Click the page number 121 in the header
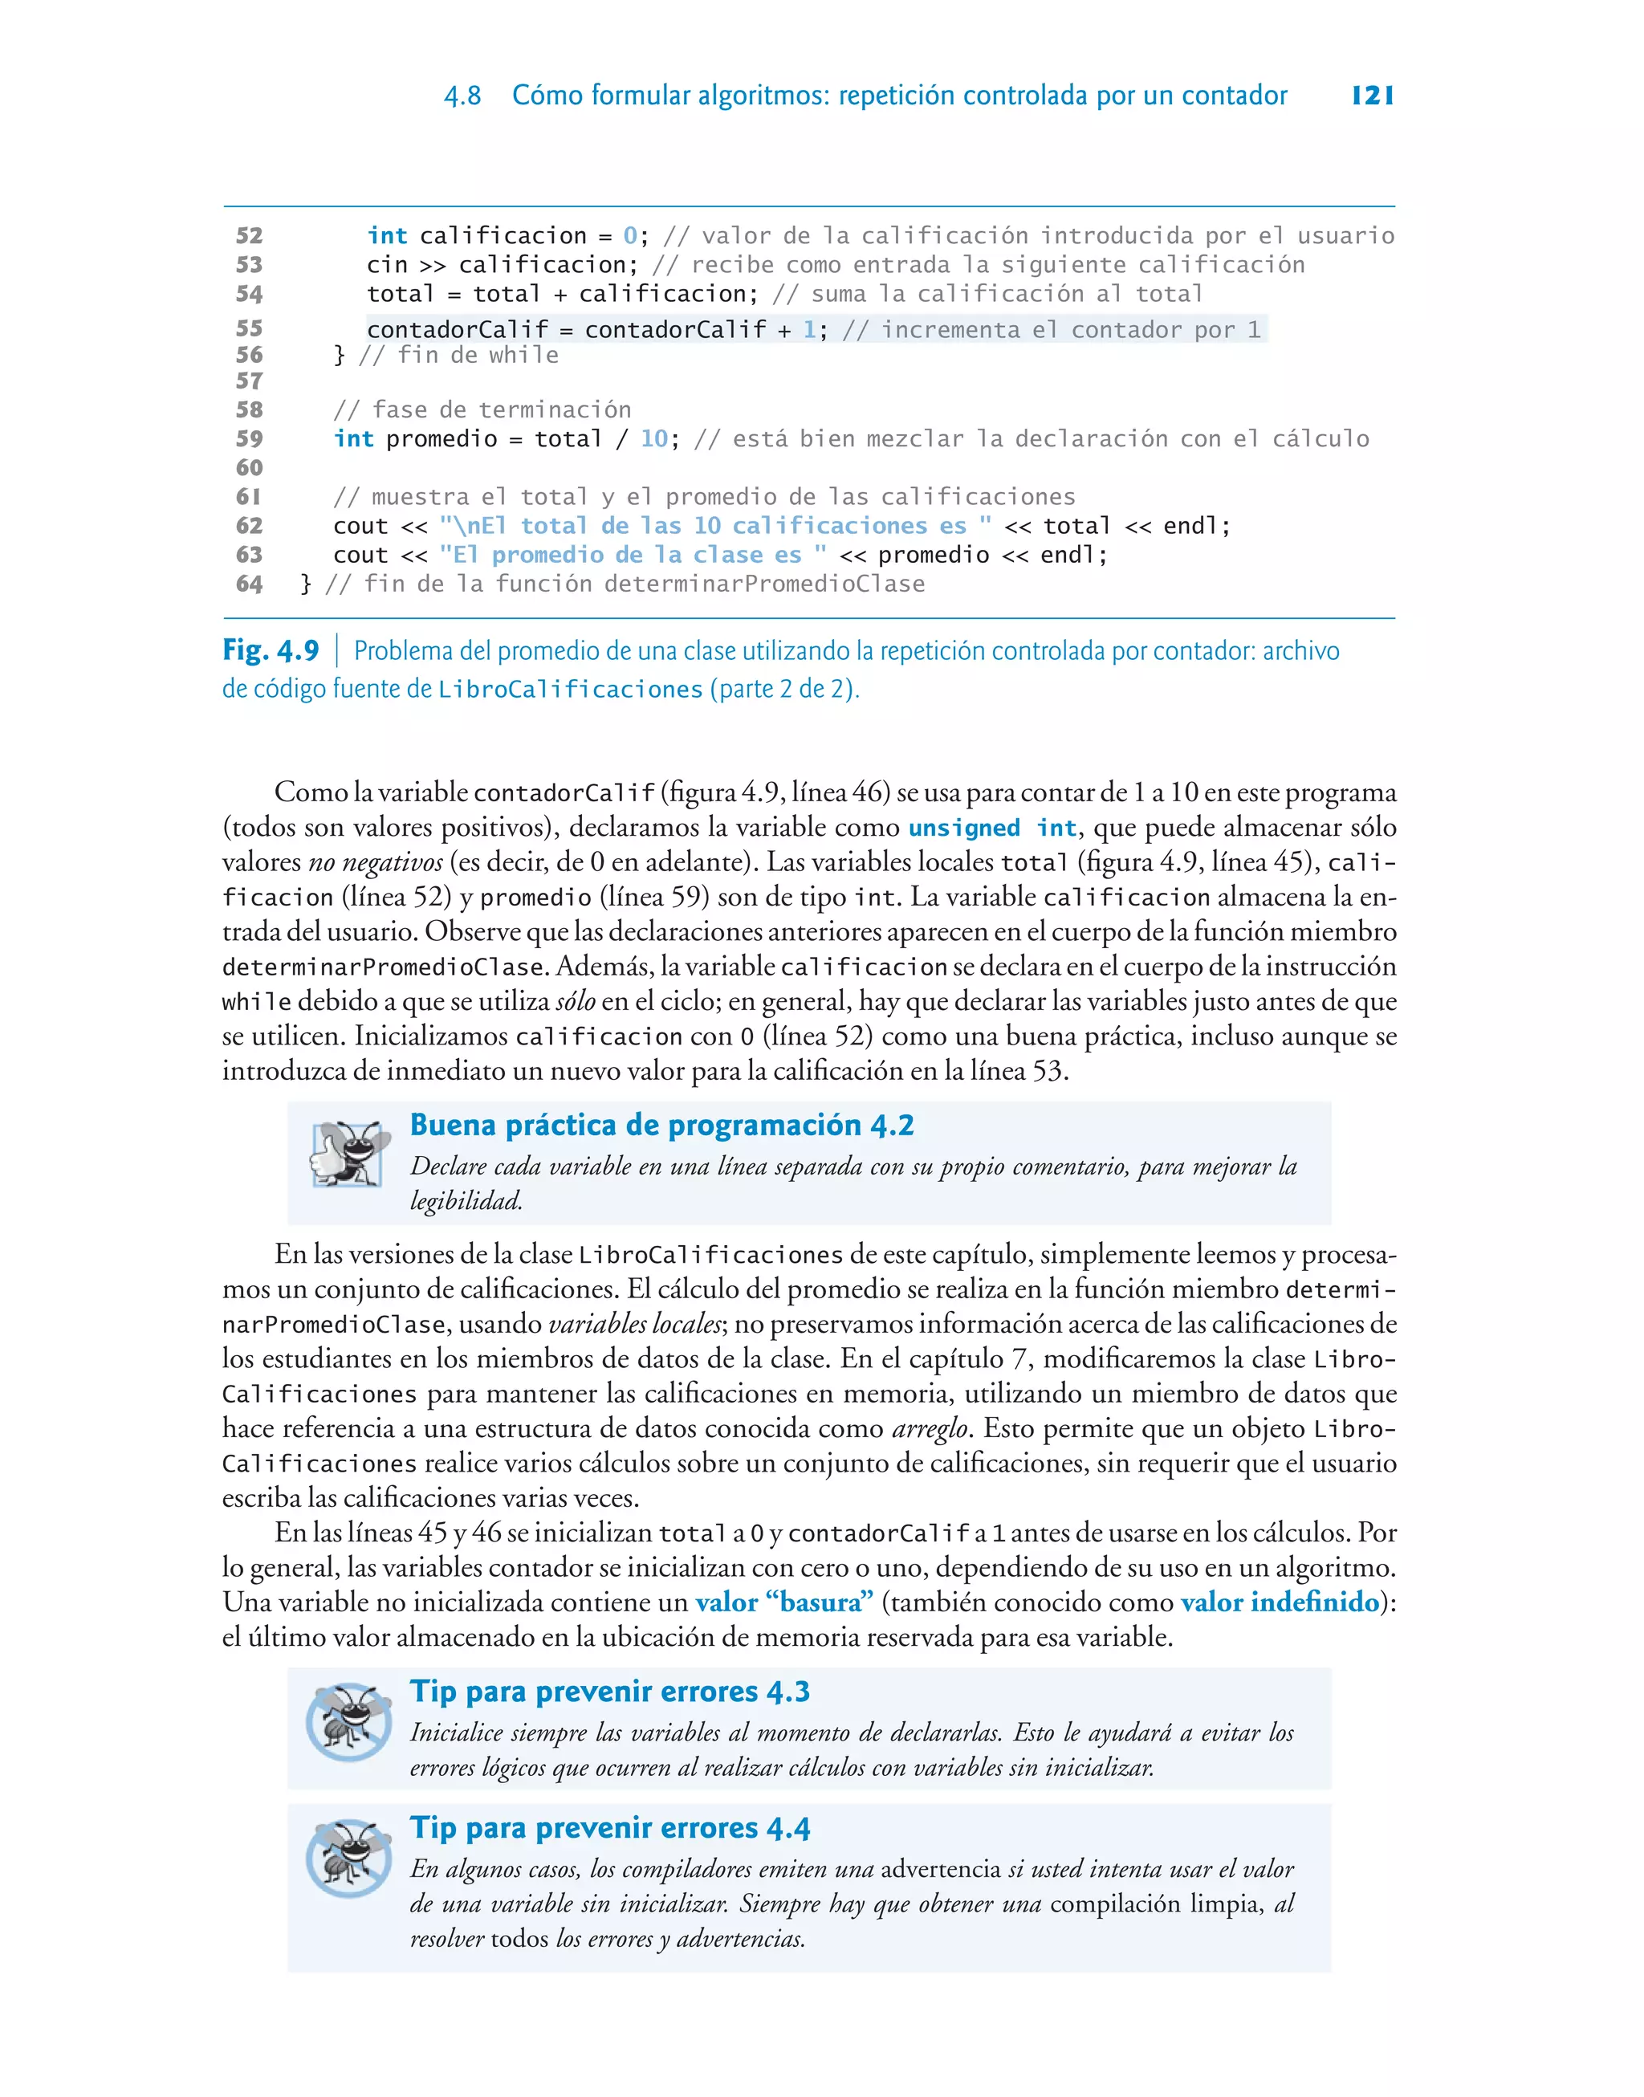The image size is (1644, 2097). coord(1372,96)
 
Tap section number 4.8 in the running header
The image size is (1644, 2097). coord(462,96)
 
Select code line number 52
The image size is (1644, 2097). coord(250,236)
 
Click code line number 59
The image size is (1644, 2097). coord(250,439)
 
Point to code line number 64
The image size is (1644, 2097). coord(250,584)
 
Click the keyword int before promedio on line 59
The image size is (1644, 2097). coord(353,439)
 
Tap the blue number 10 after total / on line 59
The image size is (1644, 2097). coord(653,439)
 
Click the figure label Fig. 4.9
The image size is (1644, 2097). coord(271,650)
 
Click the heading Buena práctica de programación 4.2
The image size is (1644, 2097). coord(661,1124)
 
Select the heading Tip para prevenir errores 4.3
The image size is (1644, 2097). coord(609,1691)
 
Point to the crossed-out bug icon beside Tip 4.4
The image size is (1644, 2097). coord(348,1858)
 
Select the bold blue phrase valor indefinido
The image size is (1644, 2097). coord(1280,1602)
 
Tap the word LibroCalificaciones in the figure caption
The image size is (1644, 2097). coord(570,689)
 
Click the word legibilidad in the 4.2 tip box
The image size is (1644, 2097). coord(466,1200)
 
